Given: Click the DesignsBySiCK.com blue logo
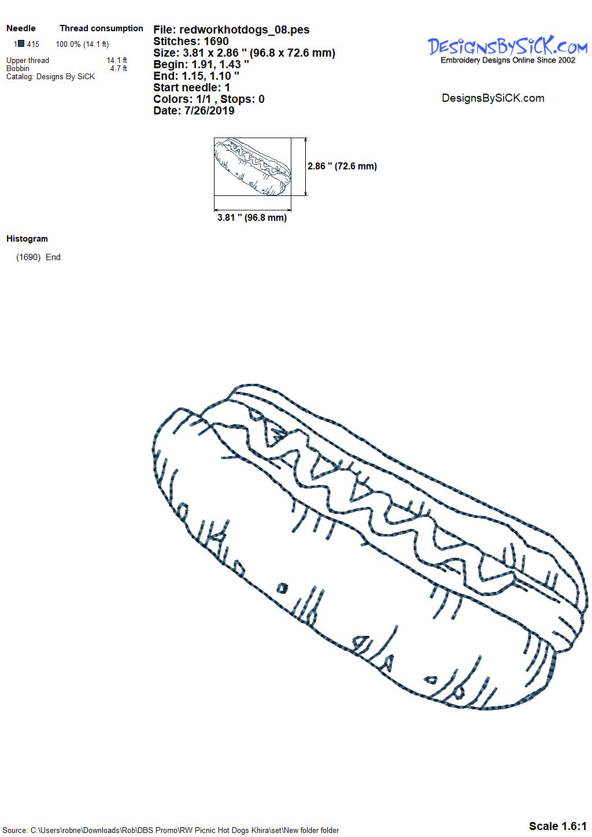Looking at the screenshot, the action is pos(508,46).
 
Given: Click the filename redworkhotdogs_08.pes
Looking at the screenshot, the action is pos(245,29).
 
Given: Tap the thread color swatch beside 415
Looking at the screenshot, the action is pos(21,44).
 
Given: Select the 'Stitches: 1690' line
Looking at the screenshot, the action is pos(191,41).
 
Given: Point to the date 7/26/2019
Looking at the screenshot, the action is pos(209,110).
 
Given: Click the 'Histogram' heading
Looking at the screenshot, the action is pos(27,238).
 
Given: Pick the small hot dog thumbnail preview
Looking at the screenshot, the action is pos(252,166).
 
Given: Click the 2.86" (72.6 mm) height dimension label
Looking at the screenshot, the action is pos(342,166).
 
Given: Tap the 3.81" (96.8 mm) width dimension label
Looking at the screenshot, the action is pos(252,217).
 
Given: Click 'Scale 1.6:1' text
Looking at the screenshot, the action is pos(558,826).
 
